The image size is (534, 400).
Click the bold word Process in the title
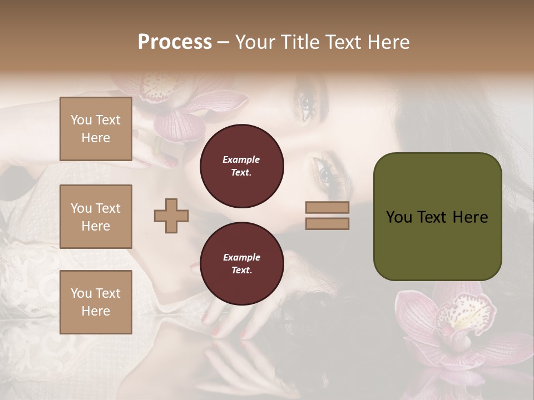175,42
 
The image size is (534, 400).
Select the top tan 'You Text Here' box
96,129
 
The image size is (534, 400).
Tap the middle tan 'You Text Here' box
96,217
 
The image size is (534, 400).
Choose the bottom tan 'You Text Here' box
96,302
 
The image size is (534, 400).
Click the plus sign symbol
171,216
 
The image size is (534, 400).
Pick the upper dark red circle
241,166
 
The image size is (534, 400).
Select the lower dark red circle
241,264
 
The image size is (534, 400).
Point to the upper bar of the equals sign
327,207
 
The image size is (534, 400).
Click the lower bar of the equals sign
327,223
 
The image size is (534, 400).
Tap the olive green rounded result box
437,216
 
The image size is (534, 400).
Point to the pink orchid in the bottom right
456,322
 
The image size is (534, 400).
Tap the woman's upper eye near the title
307,102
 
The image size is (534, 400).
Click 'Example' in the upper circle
241,159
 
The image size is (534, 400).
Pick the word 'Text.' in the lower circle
241,271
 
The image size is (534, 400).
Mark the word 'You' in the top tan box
81,120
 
